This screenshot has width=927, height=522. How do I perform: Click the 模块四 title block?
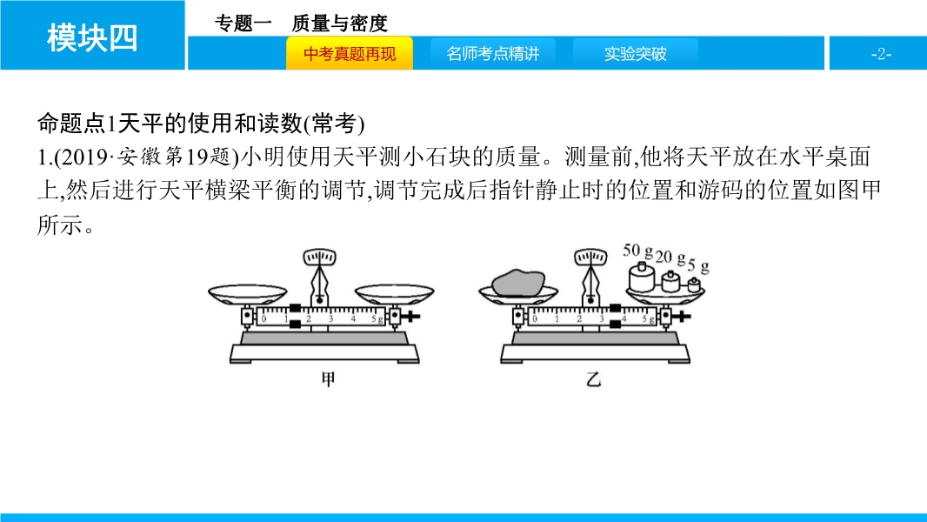click(x=92, y=36)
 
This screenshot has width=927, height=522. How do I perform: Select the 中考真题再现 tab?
click(x=350, y=53)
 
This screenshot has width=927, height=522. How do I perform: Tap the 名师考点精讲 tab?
click(x=492, y=53)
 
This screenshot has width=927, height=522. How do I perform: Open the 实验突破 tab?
click(x=635, y=53)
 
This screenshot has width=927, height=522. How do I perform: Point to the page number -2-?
click(x=881, y=54)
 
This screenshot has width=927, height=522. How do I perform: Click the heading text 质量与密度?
click(x=339, y=23)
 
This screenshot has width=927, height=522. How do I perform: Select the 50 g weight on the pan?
click(x=641, y=278)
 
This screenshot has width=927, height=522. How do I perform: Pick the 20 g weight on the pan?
click(x=670, y=281)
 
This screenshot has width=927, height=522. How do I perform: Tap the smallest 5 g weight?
click(x=693, y=286)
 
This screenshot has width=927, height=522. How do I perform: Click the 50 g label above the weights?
click(x=638, y=251)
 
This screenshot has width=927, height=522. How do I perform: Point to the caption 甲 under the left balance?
click(x=328, y=379)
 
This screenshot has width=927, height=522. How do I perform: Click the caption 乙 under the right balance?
click(x=594, y=379)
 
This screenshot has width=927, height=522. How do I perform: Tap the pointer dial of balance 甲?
click(x=320, y=258)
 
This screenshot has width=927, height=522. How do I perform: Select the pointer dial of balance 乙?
click(x=590, y=258)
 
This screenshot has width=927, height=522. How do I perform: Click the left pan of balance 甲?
click(x=248, y=294)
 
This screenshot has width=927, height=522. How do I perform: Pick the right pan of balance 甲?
click(x=394, y=294)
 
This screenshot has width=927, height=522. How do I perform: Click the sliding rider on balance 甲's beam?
click(x=295, y=317)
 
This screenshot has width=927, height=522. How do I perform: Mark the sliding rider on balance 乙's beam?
click(x=616, y=317)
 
